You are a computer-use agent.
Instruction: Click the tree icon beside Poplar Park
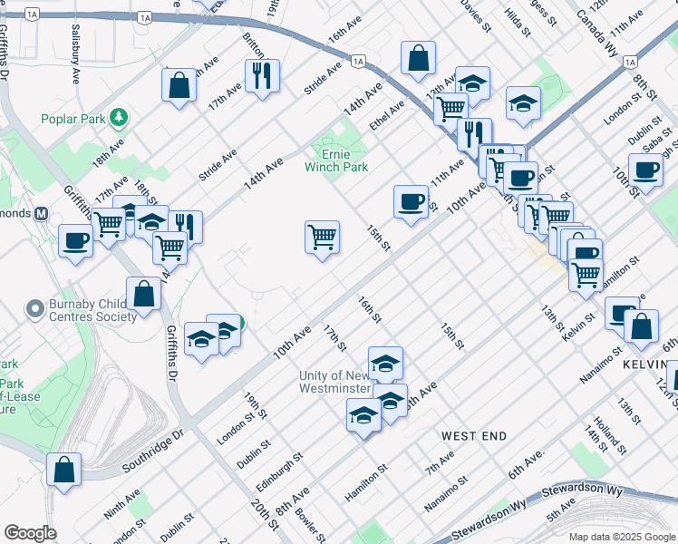tap(117, 118)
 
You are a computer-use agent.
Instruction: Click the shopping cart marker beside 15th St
tap(323, 238)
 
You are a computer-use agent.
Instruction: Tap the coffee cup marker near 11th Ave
tap(412, 200)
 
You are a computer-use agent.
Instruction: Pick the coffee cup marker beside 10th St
tap(646, 170)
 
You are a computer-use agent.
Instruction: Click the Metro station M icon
tap(40, 214)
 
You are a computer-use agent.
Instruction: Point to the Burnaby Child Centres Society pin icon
tap(37, 310)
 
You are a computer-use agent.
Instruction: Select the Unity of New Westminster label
tap(335, 382)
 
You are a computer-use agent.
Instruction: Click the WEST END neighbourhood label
tap(473, 436)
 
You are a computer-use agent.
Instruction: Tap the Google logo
tap(30, 533)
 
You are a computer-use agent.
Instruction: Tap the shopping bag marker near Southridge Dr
tap(65, 470)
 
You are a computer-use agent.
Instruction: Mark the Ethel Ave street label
tap(387, 114)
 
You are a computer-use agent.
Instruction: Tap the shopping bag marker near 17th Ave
tap(179, 85)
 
